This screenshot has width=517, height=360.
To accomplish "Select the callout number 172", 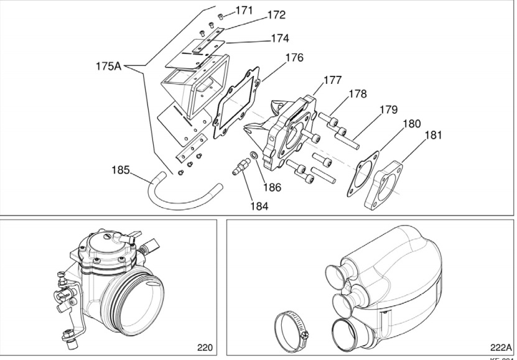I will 276,15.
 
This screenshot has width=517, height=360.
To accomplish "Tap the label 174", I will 279,39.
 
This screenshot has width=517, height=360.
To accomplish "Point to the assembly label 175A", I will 109,65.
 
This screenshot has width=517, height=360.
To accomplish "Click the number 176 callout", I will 294,58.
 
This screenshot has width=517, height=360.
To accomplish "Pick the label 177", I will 332,80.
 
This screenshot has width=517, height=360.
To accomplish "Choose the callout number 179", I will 388,109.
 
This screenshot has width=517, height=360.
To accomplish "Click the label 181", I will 434,135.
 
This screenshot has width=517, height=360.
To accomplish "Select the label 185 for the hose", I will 122,169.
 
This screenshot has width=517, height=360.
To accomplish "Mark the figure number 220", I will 205,347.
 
